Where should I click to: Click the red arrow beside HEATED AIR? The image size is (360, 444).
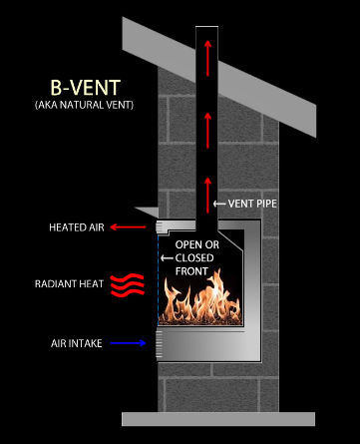click(129, 227)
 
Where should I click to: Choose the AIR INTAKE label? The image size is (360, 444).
click(76, 343)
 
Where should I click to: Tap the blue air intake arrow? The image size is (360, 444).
click(129, 343)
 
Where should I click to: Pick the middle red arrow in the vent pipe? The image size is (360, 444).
click(206, 125)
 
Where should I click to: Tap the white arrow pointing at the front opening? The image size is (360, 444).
click(167, 256)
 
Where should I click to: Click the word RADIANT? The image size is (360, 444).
click(56, 285)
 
